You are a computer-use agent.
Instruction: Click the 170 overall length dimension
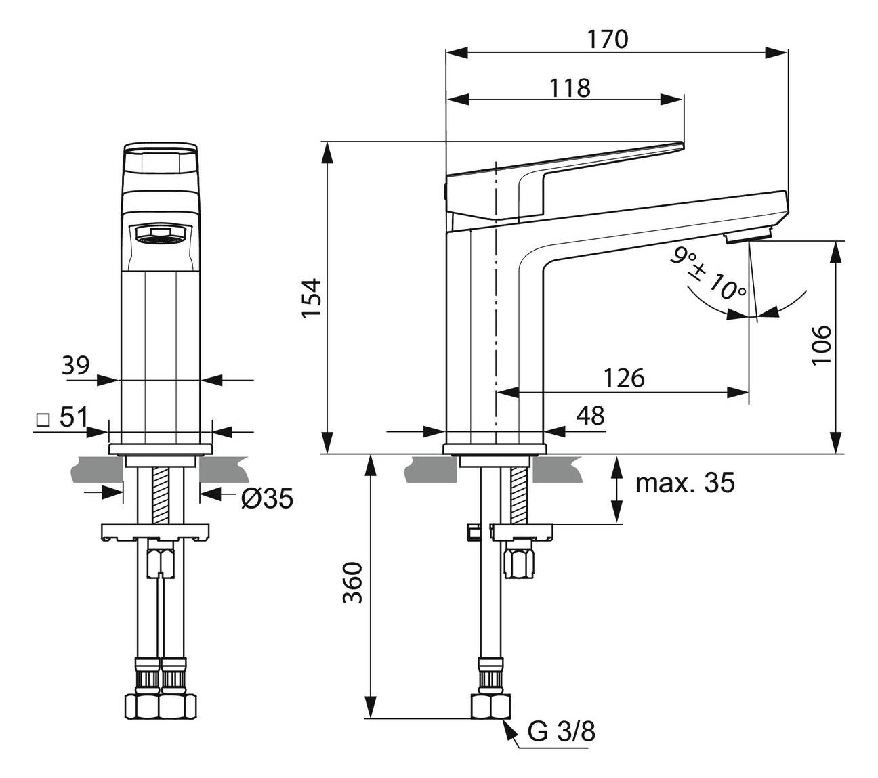click(607, 39)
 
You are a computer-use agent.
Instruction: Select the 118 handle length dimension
click(569, 87)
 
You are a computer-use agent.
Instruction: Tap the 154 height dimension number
click(311, 298)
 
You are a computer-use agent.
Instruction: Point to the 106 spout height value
click(821, 344)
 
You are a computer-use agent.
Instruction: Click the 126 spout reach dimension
click(624, 378)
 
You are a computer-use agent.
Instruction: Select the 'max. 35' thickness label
click(685, 483)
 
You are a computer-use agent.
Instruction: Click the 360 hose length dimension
click(352, 582)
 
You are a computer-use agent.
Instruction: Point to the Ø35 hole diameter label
click(266, 499)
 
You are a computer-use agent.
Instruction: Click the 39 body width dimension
click(76, 366)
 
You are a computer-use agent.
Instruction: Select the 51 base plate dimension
click(74, 417)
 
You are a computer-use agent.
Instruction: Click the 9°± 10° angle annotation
click(707, 274)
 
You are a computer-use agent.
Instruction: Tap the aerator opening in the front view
click(161, 234)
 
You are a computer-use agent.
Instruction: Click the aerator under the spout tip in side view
click(747, 236)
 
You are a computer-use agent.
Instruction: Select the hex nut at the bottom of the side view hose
click(490, 706)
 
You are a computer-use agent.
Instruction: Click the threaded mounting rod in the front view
click(161, 495)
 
